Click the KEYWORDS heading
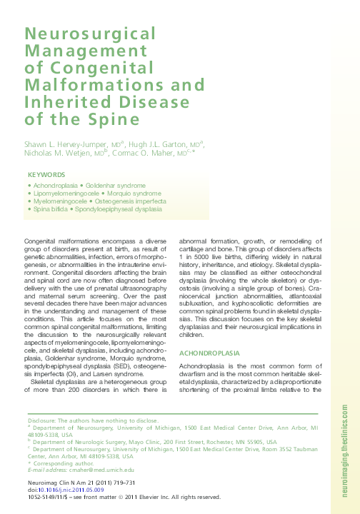tap(46, 175)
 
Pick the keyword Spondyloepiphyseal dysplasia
tap(124, 211)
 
